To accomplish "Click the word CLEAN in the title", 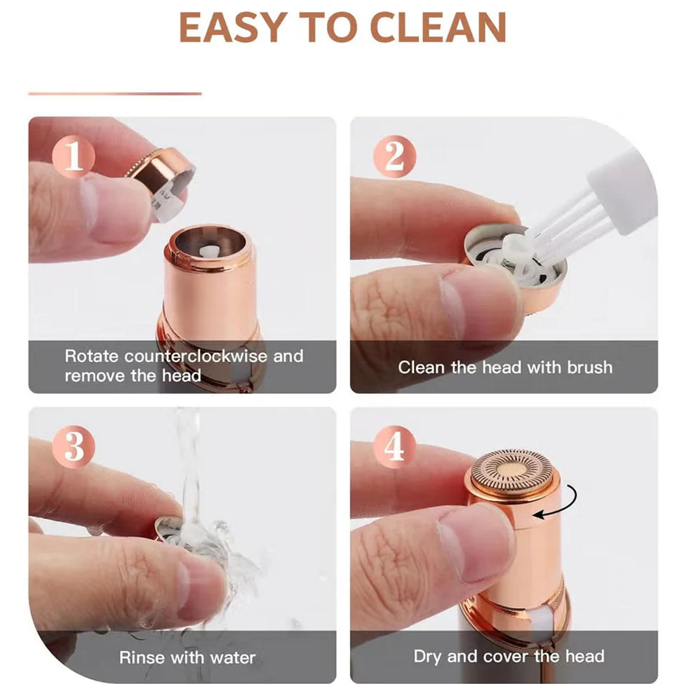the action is (x=438, y=27).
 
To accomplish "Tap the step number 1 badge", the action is (x=73, y=156).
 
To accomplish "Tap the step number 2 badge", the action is (x=394, y=156).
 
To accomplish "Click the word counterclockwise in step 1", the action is (x=196, y=356).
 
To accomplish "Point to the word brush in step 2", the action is (x=590, y=368).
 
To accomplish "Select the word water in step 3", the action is (x=232, y=657).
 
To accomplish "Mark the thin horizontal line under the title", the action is (x=115, y=93).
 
